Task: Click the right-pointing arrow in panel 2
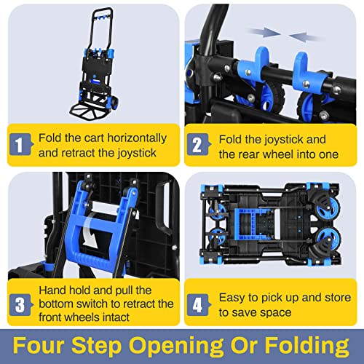(x=261, y=31)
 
